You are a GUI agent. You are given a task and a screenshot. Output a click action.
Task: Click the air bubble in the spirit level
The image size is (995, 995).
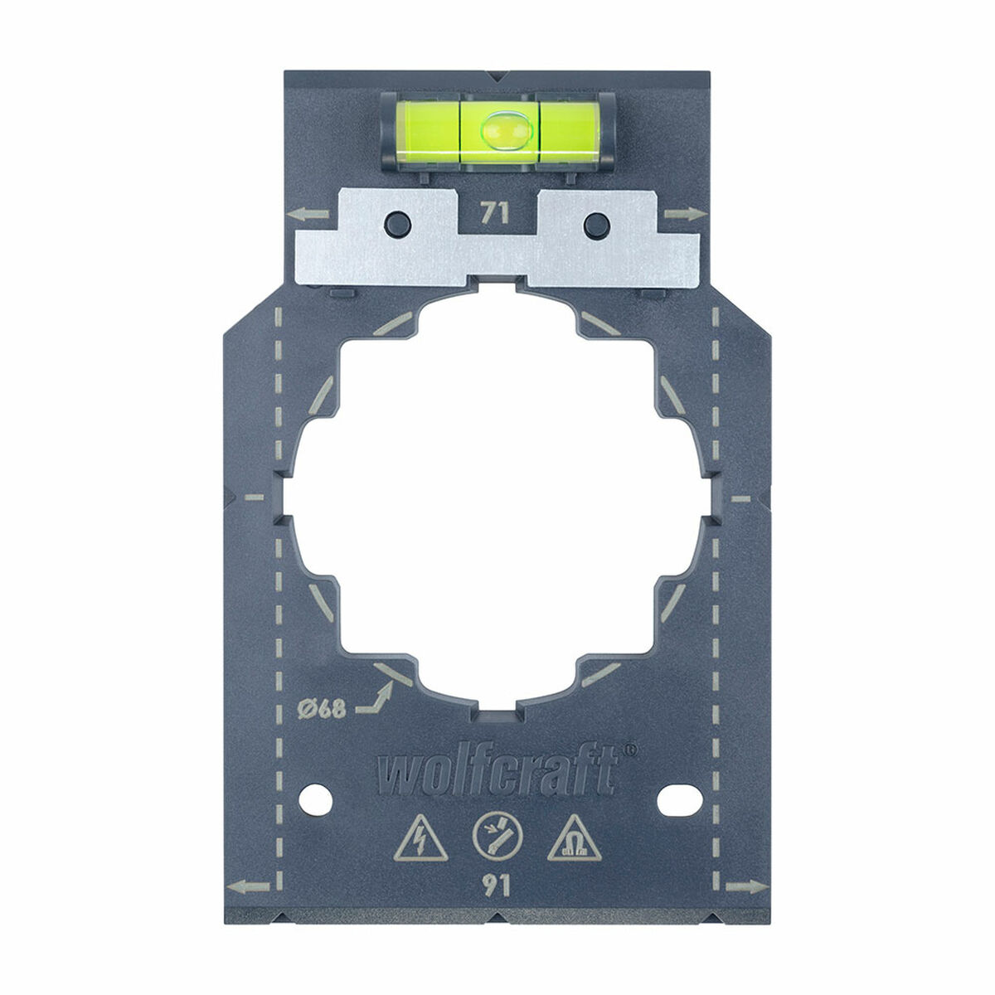[499, 129]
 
